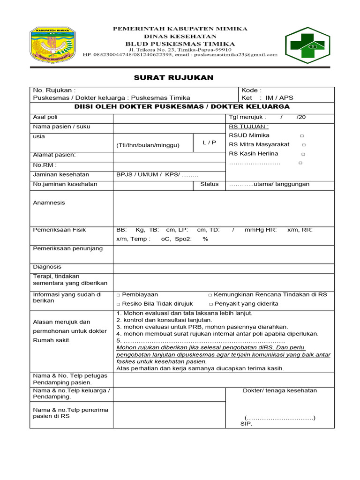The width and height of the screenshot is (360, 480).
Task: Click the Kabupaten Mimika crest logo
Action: click(x=51, y=45)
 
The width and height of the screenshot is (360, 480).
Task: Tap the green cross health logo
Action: click(x=308, y=45)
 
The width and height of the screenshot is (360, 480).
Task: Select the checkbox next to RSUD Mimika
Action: click(x=302, y=135)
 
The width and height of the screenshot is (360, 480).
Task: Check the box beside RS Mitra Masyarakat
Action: click(x=304, y=145)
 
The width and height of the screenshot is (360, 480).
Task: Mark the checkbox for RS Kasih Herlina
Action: click(x=303, y=154)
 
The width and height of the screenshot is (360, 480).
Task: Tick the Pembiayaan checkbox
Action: click(x=119, y=295)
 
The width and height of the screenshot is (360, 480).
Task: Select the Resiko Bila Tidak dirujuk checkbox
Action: click(x=119, y=304)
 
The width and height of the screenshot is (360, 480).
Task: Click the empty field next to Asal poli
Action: click(x=169, y=117)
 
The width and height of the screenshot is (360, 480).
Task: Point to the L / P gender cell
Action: click(x=210, y=142)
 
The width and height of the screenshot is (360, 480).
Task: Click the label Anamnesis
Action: click(x=49, y=202)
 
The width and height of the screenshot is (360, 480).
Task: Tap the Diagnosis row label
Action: click(x=47, y=267)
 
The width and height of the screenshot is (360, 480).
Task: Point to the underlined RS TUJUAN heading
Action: click(x=249, y=127)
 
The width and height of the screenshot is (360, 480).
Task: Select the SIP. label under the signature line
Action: click(x=246, y=424)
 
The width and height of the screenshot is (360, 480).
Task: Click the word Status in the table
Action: click(x=210, y=184)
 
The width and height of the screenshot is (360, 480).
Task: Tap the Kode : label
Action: click(x=251, y=90)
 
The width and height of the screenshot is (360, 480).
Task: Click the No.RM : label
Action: click(x=45, y=165)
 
